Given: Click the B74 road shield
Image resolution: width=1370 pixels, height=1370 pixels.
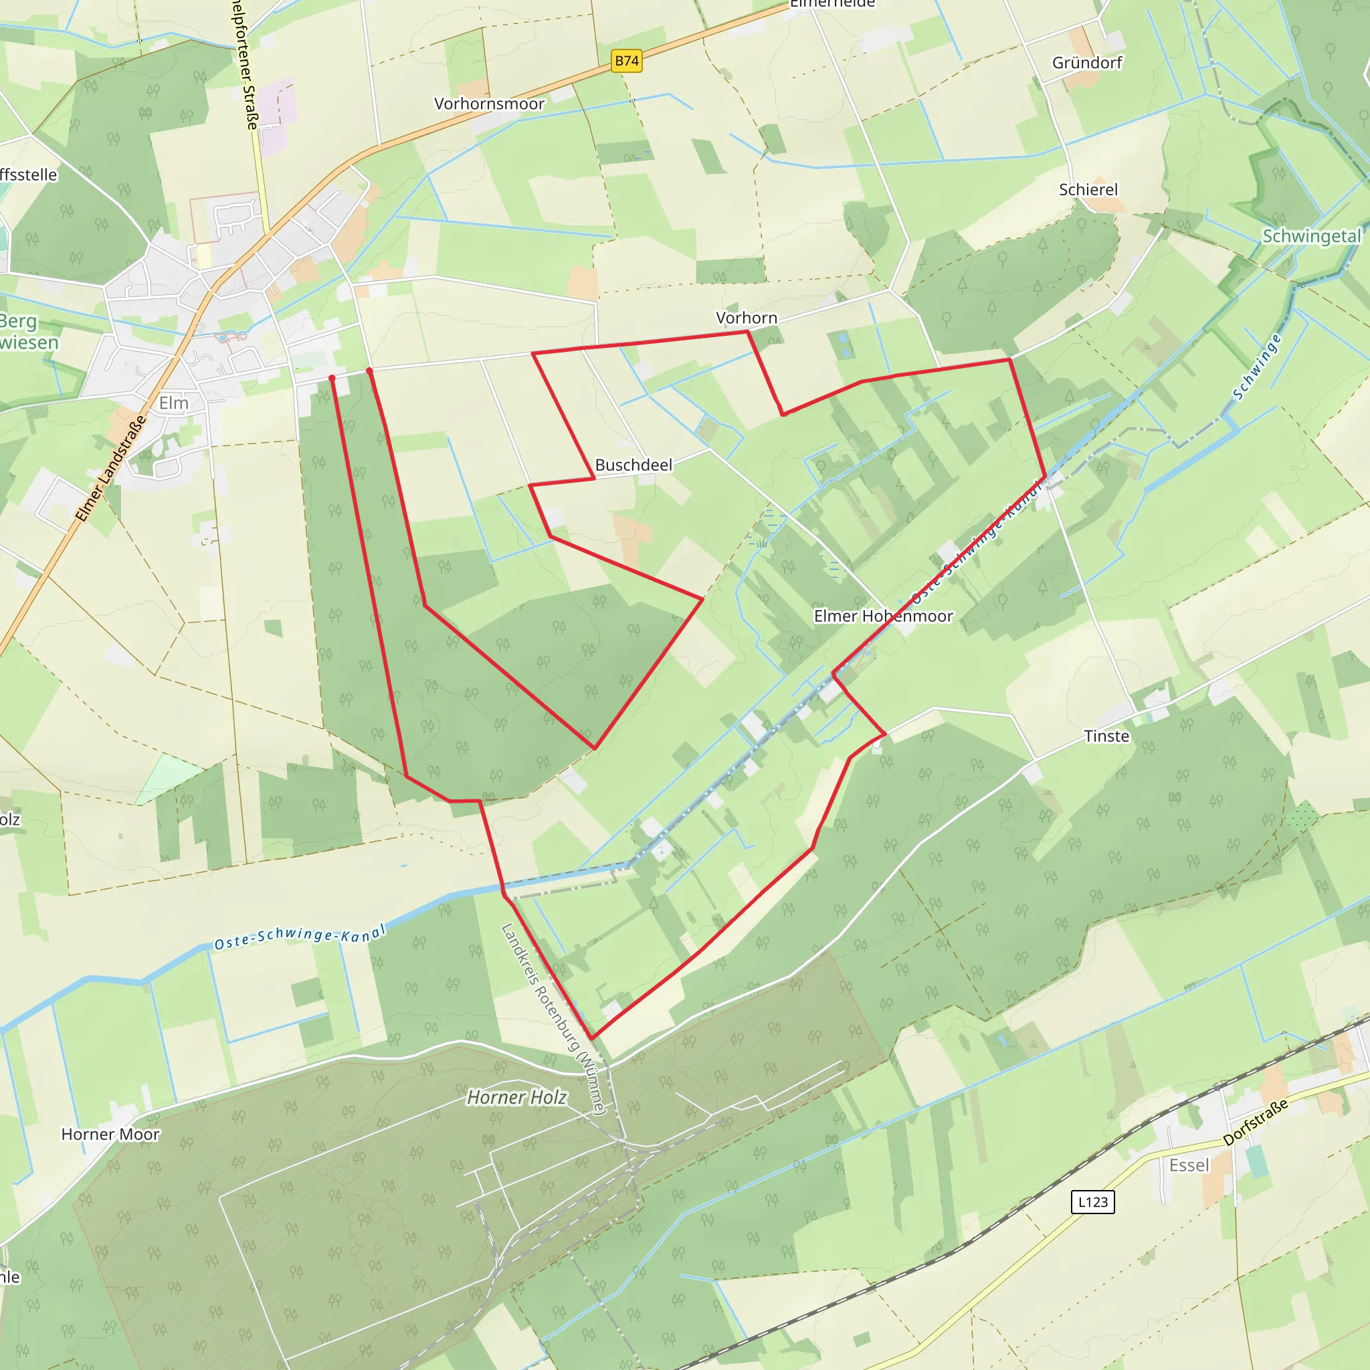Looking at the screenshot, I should [626, 61].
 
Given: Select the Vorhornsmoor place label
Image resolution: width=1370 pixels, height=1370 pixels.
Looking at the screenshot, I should [488, 104].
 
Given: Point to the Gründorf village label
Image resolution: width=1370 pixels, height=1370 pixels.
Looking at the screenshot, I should [1086, 63].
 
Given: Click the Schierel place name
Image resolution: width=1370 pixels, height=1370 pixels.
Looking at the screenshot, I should [1088, 190].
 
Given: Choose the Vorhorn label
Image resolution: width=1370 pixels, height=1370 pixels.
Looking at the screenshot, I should [746, 318].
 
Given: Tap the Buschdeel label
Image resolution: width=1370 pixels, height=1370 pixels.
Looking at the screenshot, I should [633, 465].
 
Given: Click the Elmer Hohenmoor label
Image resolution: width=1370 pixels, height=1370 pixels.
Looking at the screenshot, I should [883, 616].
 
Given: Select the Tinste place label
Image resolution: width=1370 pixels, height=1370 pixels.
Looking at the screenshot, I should [1106, 737].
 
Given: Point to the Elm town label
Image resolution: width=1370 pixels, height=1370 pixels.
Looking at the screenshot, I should [174, 403].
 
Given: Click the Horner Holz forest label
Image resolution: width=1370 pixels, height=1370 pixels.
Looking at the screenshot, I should [516, 1098].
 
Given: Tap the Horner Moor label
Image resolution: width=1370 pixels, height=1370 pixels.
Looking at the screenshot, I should [110, 1135].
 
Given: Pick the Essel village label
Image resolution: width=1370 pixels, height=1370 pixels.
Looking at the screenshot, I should [1189, 1166].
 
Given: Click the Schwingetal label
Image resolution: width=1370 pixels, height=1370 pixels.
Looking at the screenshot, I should [1311, 237].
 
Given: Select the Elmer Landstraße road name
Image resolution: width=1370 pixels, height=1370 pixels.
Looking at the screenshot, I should [111, 469].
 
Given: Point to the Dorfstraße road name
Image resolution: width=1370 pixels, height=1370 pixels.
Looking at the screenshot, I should [1255, 1123].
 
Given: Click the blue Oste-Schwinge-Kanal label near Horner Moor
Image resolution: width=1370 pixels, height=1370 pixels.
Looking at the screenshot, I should [300, 936].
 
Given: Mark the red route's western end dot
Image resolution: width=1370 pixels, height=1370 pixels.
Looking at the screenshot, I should [332, 378].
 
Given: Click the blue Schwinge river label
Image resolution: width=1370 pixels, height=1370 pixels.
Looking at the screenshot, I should [1256, 367].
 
